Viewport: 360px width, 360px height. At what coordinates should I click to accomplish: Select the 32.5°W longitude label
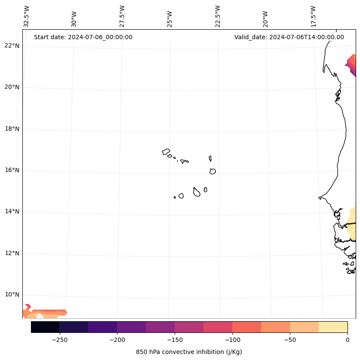27,16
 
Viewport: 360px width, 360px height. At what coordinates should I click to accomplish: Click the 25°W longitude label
170,19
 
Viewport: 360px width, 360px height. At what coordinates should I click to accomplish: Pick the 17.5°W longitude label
314,16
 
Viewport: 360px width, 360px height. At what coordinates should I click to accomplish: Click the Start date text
83,37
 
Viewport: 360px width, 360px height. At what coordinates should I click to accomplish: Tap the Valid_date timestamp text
289,37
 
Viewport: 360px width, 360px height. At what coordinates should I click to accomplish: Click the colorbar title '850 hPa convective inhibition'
189,352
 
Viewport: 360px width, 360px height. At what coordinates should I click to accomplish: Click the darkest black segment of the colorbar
45,327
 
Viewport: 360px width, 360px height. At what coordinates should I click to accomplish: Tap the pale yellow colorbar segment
333,327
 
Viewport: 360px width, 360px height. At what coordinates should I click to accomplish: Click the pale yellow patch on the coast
352,228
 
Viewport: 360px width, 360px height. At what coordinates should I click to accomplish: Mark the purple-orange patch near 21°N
352,65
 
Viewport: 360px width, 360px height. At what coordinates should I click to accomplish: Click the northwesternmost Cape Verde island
166,152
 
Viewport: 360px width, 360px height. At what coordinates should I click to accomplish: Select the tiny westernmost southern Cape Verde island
175,197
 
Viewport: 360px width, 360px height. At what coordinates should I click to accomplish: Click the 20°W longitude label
266,19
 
